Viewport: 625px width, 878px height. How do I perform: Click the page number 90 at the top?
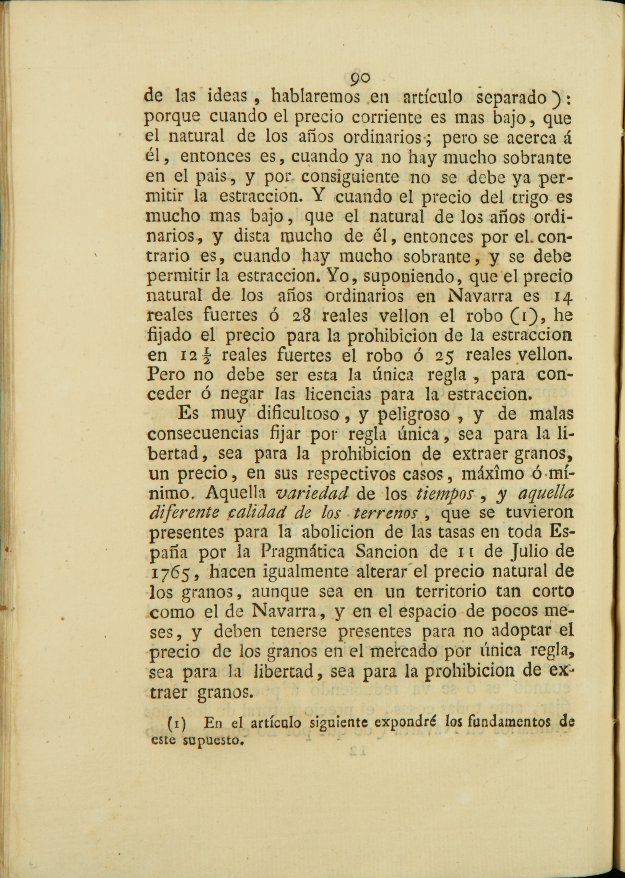(360, 79)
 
